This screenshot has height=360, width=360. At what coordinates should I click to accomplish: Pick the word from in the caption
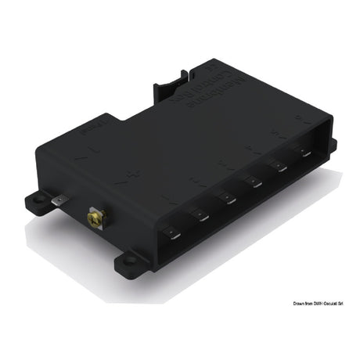(312, 303)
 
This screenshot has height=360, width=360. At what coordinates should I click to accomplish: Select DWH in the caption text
(322, 303)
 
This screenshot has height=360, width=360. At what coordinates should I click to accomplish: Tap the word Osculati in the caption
(337, 303)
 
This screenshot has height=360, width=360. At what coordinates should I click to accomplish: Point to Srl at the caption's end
(350, 303)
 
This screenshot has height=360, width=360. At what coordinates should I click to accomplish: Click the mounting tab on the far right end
(332, 145)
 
